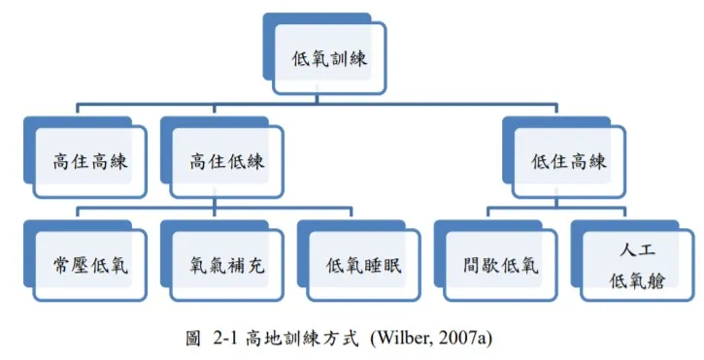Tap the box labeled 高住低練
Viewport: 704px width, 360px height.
pos(226,161)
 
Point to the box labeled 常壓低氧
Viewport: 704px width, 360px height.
pos(89,264)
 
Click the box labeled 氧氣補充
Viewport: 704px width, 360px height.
pos(226,264)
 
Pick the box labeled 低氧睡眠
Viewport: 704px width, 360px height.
pos(362,264)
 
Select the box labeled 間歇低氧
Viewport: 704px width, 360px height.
pos(499,264)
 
